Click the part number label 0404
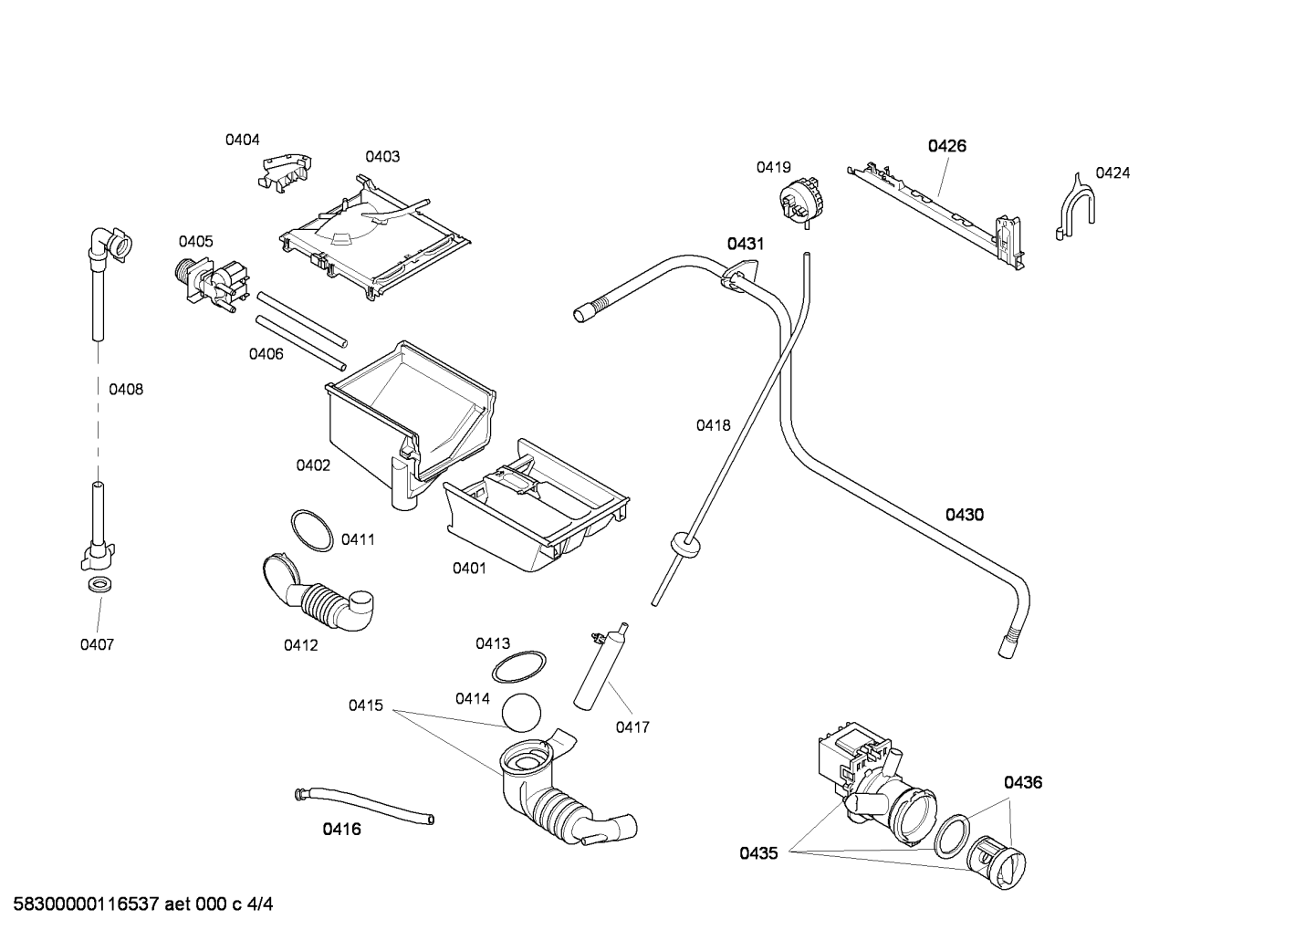242,140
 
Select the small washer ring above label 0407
99,584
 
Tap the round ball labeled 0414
521,713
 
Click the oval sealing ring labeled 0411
312,530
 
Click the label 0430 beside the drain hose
964,516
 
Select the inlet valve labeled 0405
213,286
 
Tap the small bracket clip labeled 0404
285,172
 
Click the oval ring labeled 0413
518,667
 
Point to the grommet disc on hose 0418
685,545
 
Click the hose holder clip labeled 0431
738,276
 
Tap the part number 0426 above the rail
947,146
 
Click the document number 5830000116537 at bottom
86,904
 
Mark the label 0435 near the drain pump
758,853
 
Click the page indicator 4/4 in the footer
260,904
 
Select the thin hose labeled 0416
364,806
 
